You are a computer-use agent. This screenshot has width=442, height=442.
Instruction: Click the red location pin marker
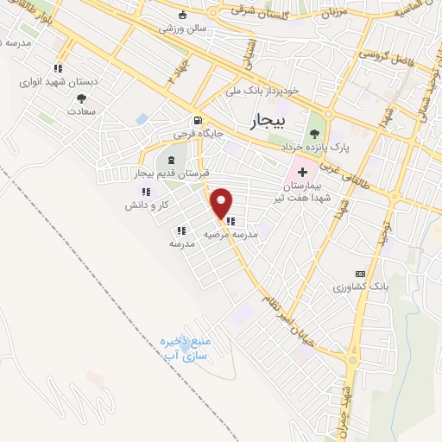[223, 202]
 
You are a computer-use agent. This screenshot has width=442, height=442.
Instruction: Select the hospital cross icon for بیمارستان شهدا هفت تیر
[314, 174]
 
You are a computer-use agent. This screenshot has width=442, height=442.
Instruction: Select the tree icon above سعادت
[81, 98]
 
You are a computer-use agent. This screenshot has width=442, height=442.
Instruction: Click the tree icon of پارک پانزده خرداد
[314, 134]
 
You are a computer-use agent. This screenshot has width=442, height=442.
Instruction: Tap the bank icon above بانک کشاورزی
[360, 273]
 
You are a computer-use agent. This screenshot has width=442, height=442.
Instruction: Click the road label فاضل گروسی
[385, 54]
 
